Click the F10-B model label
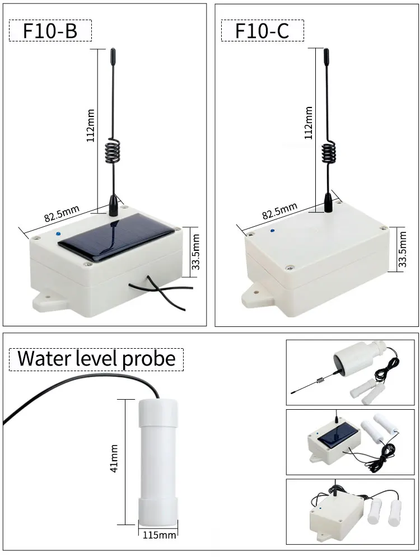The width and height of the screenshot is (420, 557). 50,30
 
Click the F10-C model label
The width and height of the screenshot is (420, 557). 262,30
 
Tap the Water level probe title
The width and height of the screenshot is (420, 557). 96,358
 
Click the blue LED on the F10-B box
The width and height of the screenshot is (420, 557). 59,234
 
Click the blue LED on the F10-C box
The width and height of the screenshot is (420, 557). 272,230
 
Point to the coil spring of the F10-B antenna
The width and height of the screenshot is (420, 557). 113,152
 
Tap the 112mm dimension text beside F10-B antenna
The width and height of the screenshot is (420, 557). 90,126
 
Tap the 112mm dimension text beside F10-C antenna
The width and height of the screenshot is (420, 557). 307,123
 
